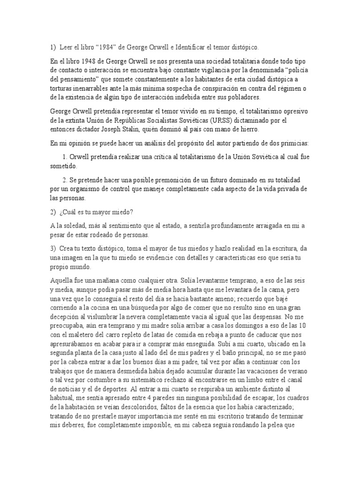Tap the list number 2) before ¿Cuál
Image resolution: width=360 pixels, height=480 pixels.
coord(53,212)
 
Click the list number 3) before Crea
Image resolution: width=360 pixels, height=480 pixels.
coord(53,248)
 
